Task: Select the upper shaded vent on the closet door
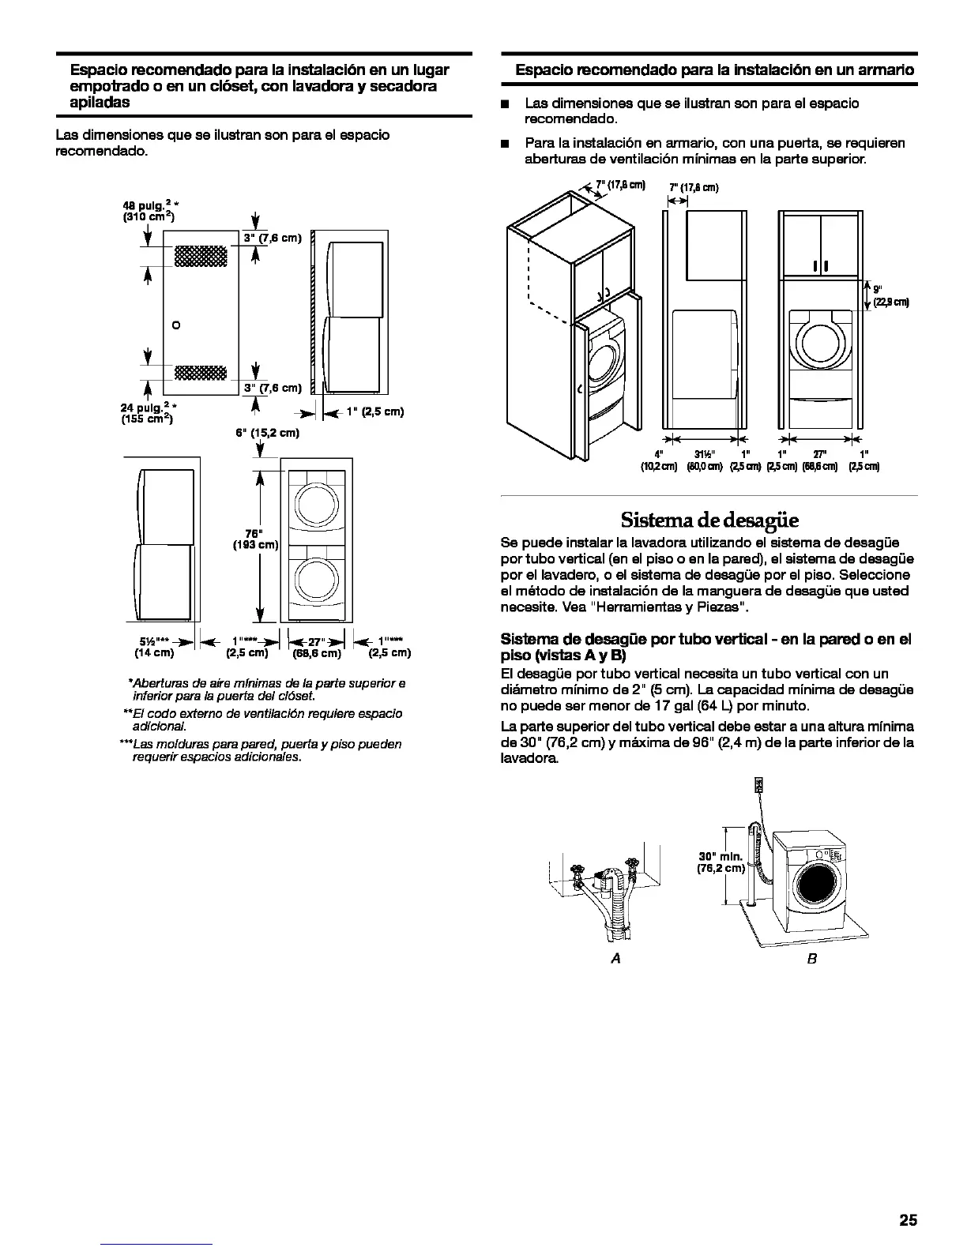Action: pos(201,256)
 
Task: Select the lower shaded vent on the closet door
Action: pos(201,372)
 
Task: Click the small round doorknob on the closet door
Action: pos(175,325)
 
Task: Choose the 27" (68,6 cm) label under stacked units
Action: pos(317,647)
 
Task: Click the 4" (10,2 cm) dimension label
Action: pos(658,460)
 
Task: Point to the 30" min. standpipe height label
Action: pos(720,862)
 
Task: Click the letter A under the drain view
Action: pos(616,958)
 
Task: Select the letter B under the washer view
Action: pos(811,958)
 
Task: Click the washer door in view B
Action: pos(818,884)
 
